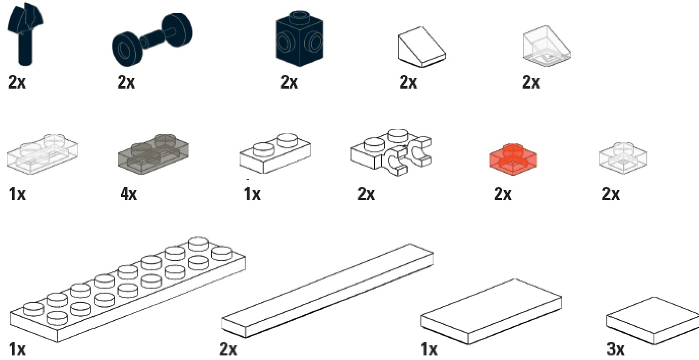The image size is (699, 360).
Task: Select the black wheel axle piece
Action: click(152, 39)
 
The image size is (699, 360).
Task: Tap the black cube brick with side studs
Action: click(299, 38)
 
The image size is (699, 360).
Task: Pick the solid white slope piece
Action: click(422, 47)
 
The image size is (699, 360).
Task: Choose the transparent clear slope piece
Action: click(547, 46)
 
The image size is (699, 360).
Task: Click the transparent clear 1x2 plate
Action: click(43, 154)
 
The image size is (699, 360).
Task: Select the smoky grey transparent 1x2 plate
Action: click(153, 154)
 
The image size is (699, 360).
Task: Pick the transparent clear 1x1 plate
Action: click(623, 158)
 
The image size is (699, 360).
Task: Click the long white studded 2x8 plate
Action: click(128, 290)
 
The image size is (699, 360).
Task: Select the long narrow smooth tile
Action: click(327, 291)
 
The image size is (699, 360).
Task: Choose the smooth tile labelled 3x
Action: click(653, 321)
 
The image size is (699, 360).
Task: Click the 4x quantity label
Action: click(129, 194)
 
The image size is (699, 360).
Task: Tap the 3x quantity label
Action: click(616, 349)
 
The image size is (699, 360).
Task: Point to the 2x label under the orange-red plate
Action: click(502, 194)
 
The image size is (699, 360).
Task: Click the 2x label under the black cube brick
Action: click(289, 82)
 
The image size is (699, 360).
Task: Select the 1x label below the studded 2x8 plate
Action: click(17, 349)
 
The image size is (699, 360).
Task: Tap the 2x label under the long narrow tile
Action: click(228, 349)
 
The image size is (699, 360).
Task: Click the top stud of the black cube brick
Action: click(299, 16)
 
